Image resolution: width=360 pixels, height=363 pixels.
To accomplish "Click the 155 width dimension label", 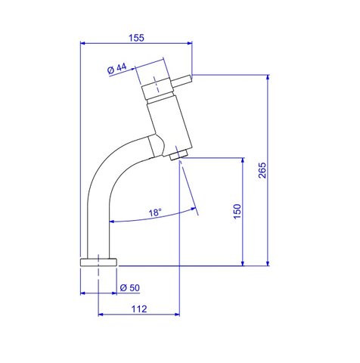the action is [136, 38].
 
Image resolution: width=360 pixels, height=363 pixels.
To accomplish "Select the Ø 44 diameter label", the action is [117, 69].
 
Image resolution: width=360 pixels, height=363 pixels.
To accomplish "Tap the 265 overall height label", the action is [262, 170].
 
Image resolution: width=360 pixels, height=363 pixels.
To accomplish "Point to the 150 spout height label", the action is [237, 211].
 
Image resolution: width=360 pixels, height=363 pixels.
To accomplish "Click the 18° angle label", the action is [155, 213].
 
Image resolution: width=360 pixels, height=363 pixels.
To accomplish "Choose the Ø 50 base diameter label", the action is [130, 287].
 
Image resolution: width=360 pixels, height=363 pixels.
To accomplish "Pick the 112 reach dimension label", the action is [139, 309].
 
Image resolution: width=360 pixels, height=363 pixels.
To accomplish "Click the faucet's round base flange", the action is [98, 262].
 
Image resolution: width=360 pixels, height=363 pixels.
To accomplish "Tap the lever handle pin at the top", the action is [182, 81].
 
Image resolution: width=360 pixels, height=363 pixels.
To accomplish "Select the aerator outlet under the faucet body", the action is [178, 155].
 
